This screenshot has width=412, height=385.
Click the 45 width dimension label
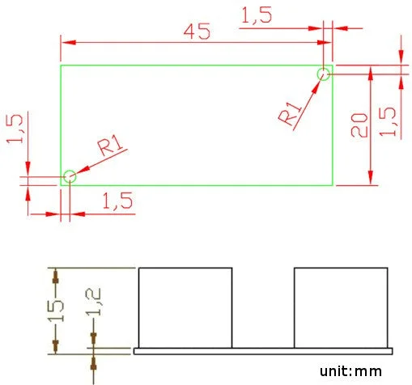[x=197, y=32]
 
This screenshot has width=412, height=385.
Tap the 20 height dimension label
[x=359, y=125]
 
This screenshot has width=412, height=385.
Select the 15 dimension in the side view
[x=56, y=311]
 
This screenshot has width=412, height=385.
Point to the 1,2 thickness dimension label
[x=93, y=302]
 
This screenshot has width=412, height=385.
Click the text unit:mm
[x=350, y=371]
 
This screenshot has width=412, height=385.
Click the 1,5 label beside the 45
[x=257, y=15]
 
